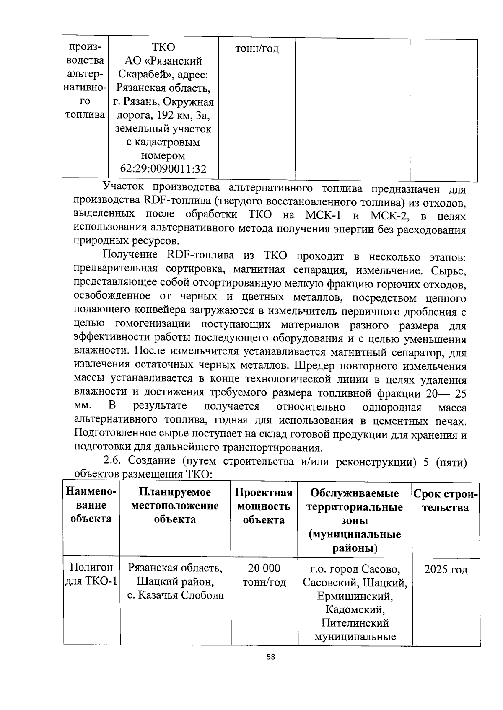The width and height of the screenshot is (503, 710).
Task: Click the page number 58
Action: click(271, 657)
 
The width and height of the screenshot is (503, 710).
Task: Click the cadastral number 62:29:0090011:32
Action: click(163, 169)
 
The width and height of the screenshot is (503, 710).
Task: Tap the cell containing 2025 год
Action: click(445, 570)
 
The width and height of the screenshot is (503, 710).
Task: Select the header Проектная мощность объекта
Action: click(264, 506)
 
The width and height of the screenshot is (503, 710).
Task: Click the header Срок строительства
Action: click(445, 501)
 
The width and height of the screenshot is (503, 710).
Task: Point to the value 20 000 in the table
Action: click(264, 568)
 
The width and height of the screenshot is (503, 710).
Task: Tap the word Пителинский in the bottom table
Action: click(355, 623)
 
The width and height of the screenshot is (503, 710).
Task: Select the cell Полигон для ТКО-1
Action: click(91, 575)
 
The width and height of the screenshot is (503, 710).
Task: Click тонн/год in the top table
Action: click(257, 49)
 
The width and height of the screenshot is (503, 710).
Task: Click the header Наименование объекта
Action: click(91, 505)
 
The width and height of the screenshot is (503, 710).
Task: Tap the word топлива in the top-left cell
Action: click(85, 115)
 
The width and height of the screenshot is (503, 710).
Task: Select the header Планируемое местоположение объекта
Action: click(175, 506)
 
